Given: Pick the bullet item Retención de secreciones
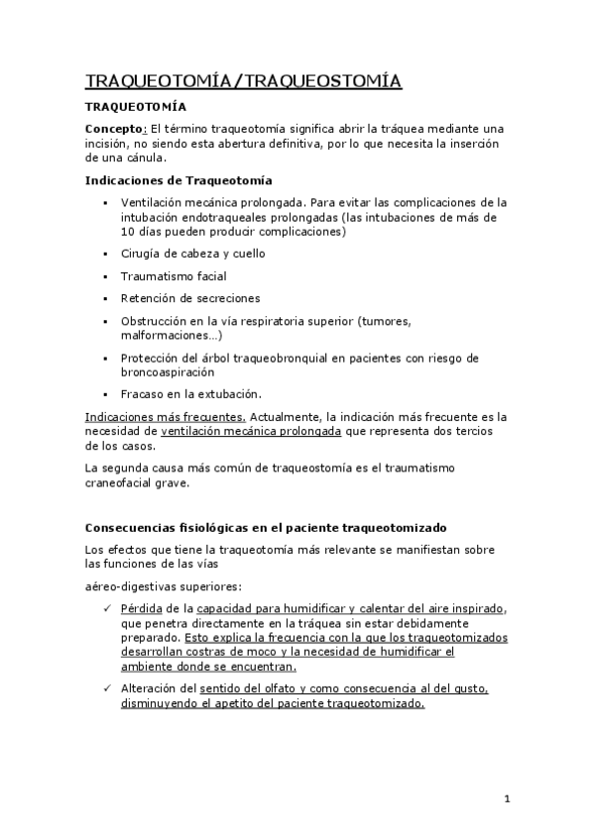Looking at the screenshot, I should point(189,297).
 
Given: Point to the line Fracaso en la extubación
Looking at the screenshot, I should point(190,393).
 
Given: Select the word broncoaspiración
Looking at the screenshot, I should point(167,371).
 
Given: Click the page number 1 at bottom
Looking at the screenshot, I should point(506,799).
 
